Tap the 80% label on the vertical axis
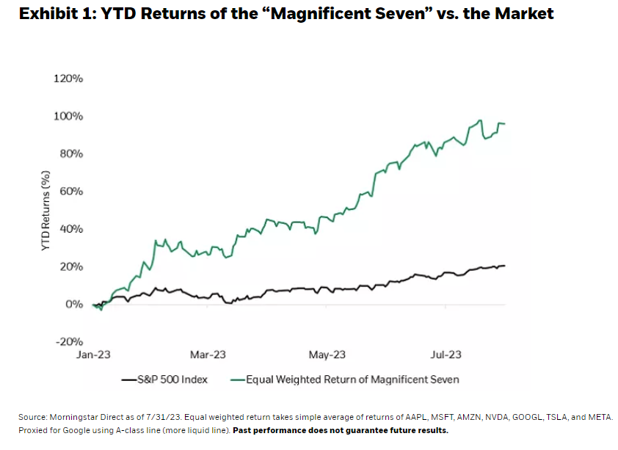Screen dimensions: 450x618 (x=71, y=153)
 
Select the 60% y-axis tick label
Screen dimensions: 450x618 (x=71, y=191)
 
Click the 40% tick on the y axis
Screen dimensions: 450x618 (x=71, y=228)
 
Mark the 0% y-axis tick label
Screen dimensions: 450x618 (x=74, y=304)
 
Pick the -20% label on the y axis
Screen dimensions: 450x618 (x=70, y=341)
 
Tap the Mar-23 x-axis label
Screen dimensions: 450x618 (x=208, y=355)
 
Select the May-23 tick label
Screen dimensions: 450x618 (x=327, y=355)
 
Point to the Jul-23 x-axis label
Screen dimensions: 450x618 (x=446, y=355)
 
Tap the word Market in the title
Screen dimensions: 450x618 (x=522, y=13)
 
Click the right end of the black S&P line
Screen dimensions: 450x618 (x=504, y=266)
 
